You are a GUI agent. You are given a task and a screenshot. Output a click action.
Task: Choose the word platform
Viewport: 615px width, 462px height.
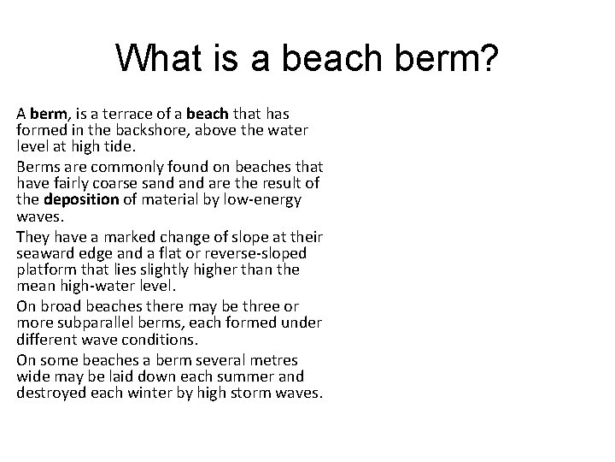[44, 269]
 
